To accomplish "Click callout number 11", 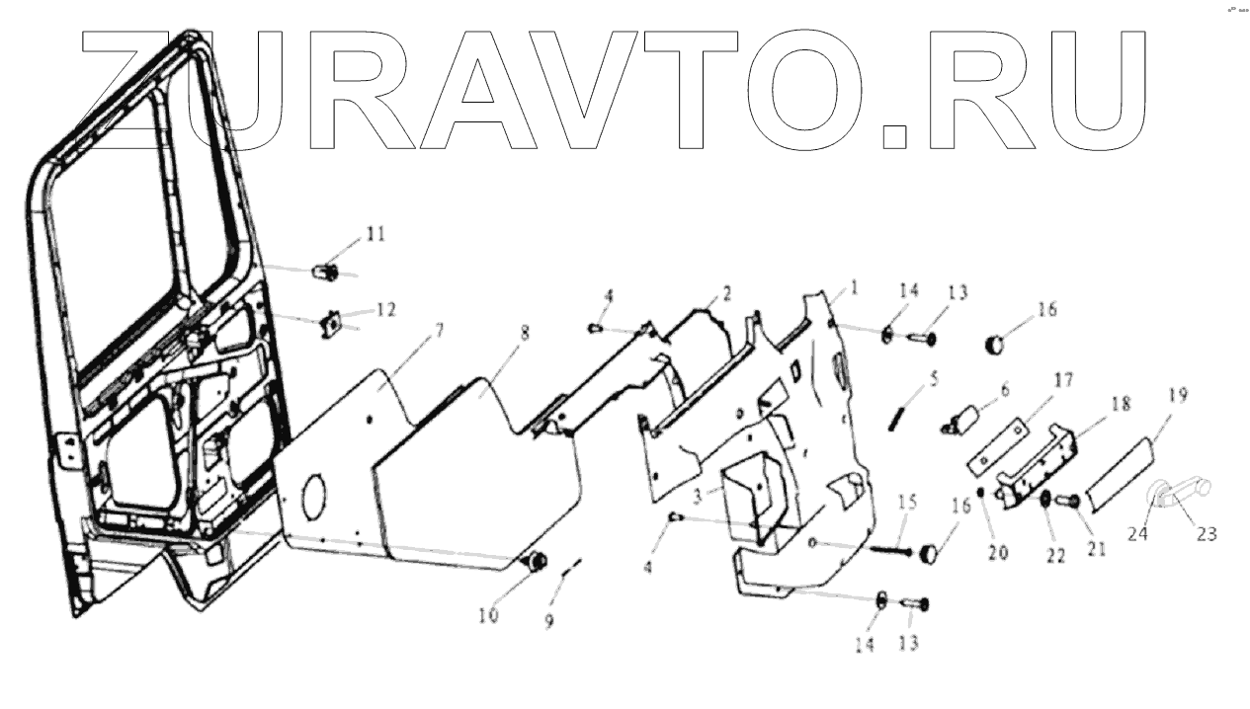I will pos(375,234).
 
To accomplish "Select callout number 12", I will pos(384,309).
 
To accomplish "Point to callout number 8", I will pos(525,333).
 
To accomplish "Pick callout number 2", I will pos(726,293).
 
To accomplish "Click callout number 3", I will pos(698,491).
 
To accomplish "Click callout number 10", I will pos(488,616).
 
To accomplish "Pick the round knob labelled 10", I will pos(539,562).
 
